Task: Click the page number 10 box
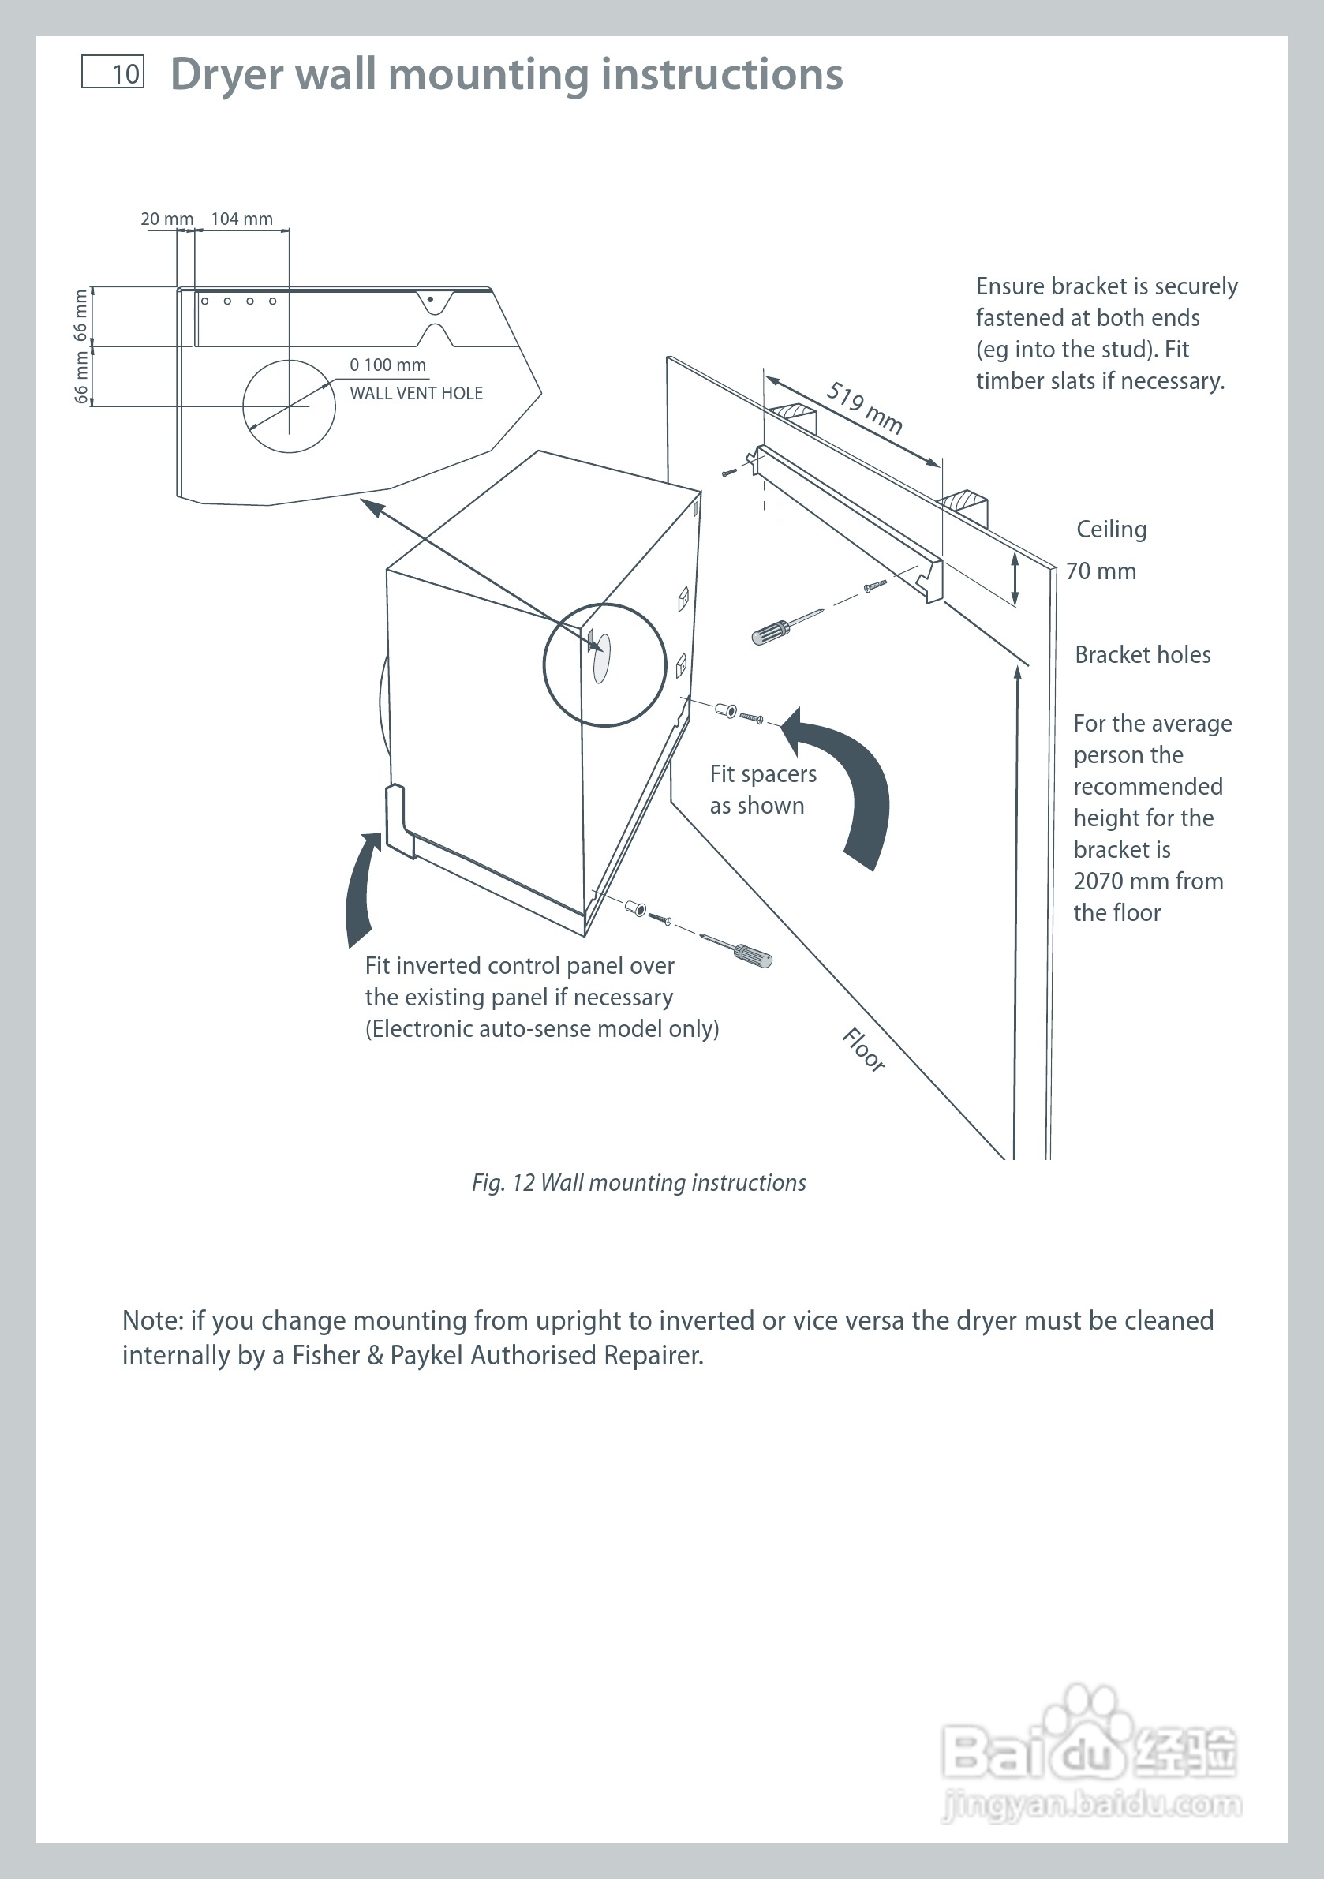113,72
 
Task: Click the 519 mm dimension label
864,406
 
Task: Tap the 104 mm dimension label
241,219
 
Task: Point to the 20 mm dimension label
167,219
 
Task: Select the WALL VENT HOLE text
416,394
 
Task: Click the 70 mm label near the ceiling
1101,571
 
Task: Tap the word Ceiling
1110,530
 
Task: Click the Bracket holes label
1143,655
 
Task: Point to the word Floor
863,1049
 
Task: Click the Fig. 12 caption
638,1182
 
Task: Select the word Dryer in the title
226,74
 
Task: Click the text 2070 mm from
1147,881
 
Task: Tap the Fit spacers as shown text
762,790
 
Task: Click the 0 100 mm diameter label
387,365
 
